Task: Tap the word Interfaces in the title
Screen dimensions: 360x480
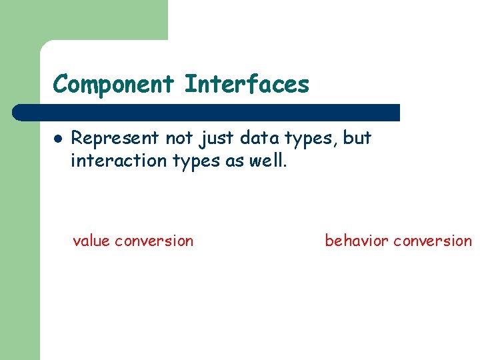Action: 247,85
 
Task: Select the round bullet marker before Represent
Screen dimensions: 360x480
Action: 58,139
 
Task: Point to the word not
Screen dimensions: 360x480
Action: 179,138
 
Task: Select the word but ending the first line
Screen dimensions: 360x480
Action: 357,138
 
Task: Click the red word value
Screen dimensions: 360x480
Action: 91,241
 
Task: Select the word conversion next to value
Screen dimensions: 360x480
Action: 154,241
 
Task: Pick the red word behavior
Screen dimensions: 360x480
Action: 357,241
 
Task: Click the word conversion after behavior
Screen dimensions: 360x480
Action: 432,241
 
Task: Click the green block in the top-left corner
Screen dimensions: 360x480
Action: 83,20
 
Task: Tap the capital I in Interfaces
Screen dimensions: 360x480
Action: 189,85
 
